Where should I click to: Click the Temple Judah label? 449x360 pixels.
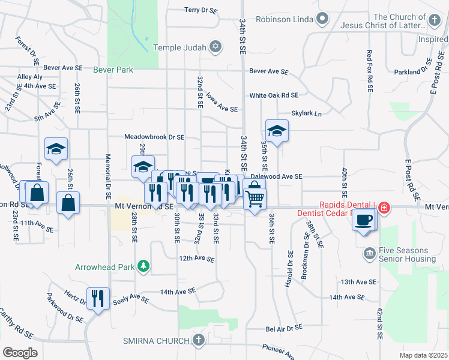click(x=180, y=47)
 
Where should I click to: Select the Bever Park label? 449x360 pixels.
click(x=113, y=70)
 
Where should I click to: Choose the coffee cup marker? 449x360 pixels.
click(x=364, y=220)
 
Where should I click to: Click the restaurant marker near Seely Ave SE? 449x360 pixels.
click(x=97, y=298)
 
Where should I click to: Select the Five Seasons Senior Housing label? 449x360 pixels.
click(x=407, y=255)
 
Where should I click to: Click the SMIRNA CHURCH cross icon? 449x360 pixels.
click(x=199, y=340)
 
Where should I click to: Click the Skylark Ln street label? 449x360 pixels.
click(x=307, y=113)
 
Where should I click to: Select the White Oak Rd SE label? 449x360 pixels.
click(x=274, y=95)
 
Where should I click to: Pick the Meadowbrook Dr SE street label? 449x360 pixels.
click(x=154, y=137)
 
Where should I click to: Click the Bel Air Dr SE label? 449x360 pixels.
click(x=285, y=329)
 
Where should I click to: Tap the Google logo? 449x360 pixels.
click(x=20, y=352)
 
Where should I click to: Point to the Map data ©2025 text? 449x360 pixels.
click(x=424, y=355)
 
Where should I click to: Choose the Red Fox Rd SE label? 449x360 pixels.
click(x=369, y=70)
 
